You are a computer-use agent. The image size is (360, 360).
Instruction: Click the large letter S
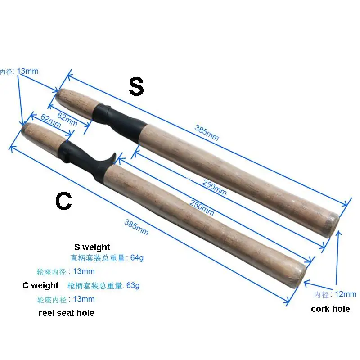(136, 87)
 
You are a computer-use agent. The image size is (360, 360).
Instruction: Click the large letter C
(63, 202)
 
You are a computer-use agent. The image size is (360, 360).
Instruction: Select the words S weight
(92, 247)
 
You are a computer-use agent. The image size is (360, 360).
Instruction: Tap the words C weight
(40, 285)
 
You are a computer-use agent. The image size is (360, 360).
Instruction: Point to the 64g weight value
(137, 258)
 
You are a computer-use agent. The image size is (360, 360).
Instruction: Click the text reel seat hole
(67, 313)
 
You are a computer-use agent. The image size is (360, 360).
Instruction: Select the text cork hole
(330, 309)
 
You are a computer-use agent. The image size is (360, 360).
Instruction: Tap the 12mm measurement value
(345, 294)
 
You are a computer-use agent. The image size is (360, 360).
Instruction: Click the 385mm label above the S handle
(207, 132)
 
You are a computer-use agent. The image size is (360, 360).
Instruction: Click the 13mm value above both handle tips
(28, 71)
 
